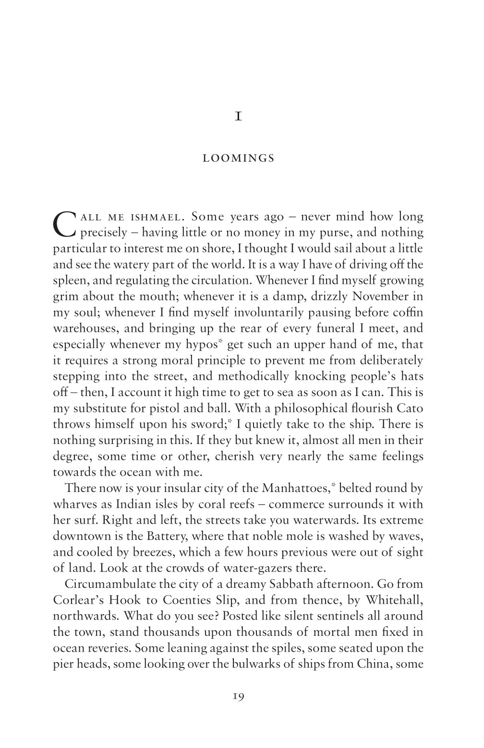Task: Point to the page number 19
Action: tap(238, 697)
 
